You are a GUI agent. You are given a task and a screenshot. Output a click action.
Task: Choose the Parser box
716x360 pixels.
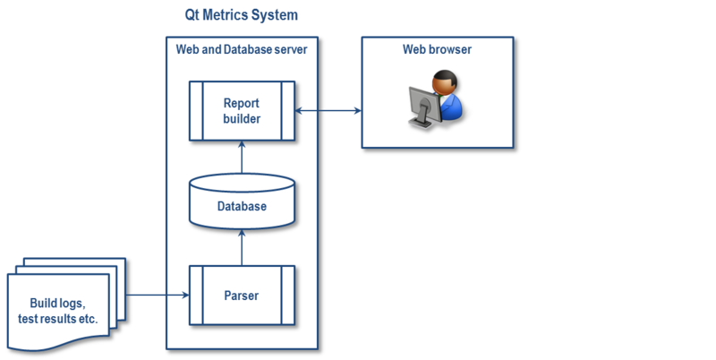point(242,293)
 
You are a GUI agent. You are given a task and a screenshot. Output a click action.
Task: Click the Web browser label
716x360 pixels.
point(437,49)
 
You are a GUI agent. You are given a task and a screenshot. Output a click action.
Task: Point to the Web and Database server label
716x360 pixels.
point(242,49)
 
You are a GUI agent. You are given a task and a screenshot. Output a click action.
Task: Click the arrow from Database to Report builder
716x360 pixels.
point(242,158)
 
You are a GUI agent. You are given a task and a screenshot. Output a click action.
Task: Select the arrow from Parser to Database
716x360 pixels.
point(242,245)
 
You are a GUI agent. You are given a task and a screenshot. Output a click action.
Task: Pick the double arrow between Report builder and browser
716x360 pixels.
point(328,111)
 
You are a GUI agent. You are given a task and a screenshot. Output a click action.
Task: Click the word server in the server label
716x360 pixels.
point(288,49)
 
